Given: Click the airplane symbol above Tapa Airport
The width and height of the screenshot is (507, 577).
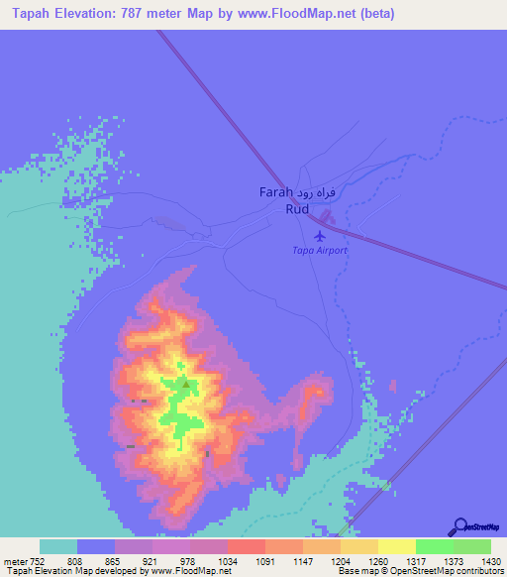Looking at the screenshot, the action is click(x=319, y=237).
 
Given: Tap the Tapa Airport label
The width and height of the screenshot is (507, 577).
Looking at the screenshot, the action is click(x=319, y=251).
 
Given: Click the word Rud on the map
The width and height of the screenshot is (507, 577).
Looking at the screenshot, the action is click(x=297, y=209).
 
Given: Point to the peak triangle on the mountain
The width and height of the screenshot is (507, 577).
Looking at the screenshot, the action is click(x=184, y=381).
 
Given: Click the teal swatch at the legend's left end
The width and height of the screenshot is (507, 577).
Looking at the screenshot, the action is click(x=58, y=546).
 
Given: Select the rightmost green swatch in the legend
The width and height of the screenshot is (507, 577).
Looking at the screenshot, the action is click(x=472, y=546).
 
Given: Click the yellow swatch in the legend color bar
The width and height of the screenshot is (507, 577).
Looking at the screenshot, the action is click(x=396, y=546).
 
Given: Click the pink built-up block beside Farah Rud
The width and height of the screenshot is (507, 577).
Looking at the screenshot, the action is click(x=328, y=217).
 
